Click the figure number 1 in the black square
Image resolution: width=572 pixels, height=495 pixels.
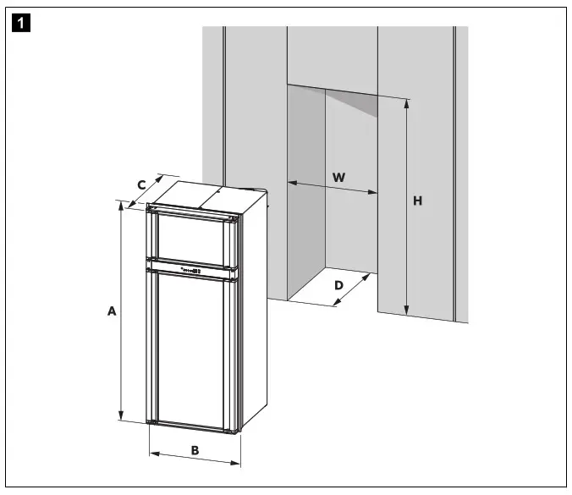15,16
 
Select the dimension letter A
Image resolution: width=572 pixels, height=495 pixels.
111,311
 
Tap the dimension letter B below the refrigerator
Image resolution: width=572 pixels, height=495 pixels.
194,450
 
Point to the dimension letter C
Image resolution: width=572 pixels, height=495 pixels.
142,184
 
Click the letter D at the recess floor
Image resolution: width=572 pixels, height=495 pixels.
338,285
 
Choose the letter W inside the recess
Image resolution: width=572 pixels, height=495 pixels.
338,177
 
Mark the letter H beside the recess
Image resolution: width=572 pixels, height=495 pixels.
417,201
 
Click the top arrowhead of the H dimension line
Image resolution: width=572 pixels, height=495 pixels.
407,102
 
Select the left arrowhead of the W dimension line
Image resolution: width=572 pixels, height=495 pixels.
292,182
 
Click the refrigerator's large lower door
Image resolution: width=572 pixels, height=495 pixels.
195,347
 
